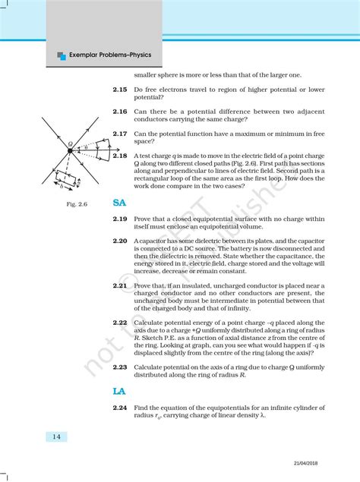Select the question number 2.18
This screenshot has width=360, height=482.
120,155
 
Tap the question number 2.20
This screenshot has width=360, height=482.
120,241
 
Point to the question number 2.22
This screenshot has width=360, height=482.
120,323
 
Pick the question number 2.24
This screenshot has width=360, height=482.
120,408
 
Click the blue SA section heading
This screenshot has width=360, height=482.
119,203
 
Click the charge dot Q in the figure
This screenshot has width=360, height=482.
69,151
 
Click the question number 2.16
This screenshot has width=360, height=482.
120,112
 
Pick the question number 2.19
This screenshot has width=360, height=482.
120,219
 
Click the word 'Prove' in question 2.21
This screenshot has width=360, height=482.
144,285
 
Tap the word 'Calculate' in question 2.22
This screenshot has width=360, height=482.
149,323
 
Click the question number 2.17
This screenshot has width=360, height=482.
120,134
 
